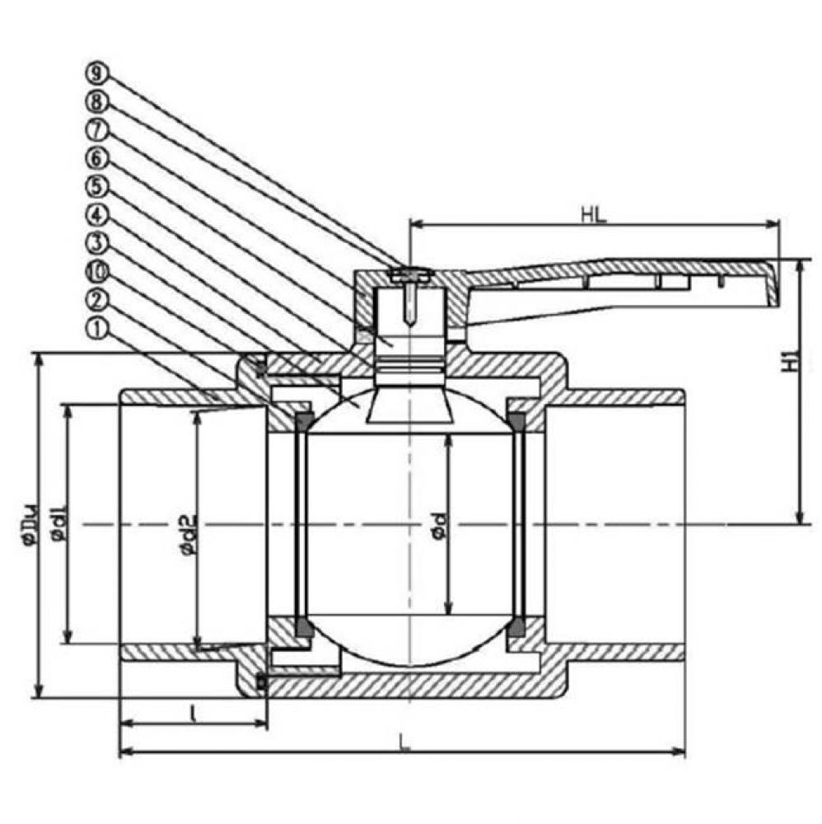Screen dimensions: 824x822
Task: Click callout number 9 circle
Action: pos(96,73)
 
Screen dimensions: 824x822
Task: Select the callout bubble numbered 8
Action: pos(96,101)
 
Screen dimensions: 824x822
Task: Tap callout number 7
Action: pos(96,129)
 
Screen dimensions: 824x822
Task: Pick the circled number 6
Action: pos(96,158)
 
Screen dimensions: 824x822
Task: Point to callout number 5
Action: pos(96,186)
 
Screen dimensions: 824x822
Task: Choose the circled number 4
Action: pos(96,215)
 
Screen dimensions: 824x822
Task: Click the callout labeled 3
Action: pos(96,243)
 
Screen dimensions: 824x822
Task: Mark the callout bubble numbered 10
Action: pos(96,271)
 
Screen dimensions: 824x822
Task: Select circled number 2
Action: pos(96,300)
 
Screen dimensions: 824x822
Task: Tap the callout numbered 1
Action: pos(96,329)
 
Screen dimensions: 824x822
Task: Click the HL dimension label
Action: pos(593,215)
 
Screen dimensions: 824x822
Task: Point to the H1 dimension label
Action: pos(788,360)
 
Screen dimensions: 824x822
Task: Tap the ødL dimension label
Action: pos(58,525)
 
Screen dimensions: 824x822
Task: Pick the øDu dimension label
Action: pos(30,525)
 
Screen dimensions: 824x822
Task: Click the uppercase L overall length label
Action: pos(404,741)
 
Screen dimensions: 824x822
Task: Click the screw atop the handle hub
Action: pos(408,274)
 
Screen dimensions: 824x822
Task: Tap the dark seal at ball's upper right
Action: pos(516,422)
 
